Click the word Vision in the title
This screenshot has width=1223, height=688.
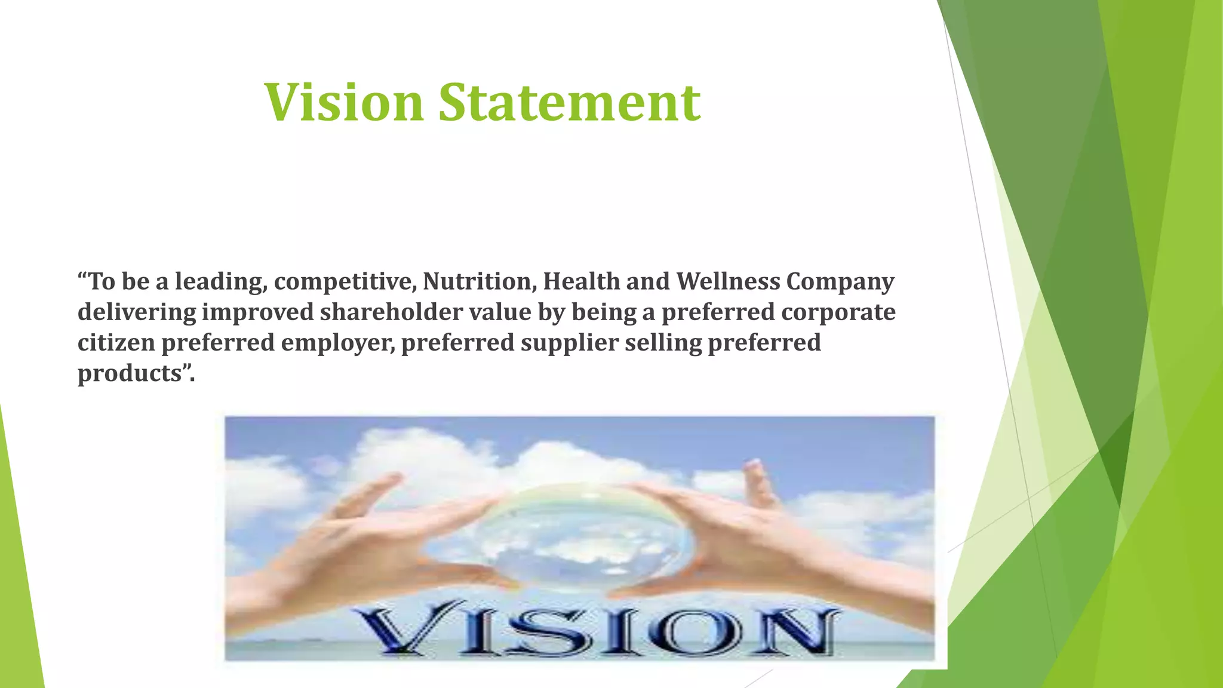(x=343, y=102)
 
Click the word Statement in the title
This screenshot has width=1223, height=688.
(x=570, y=102)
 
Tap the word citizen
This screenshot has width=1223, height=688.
(x=116, y=342)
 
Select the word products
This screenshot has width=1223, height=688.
(x=129, y=374)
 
